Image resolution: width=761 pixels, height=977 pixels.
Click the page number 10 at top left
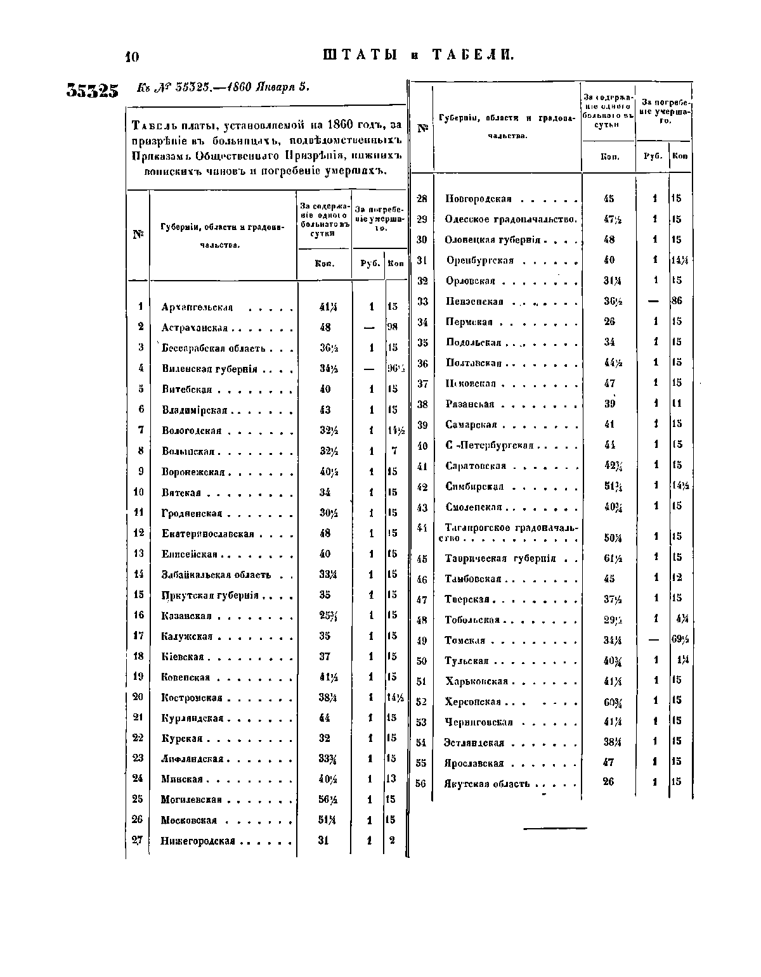[x=132, y=57]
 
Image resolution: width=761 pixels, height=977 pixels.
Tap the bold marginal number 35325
[x=93, y=91]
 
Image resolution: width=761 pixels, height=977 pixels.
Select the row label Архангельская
[x=197, y=307]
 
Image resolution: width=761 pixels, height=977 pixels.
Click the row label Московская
[x=189, y=821]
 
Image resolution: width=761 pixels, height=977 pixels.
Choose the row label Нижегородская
[x=198, y=841]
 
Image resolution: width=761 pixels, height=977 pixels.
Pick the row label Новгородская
[x=478, y=199]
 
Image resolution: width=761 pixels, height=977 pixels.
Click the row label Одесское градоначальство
[x=511, y=219]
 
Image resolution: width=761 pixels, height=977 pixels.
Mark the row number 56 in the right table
[x=420, y=783]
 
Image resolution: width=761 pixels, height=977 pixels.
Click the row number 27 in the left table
[x=137, y=841]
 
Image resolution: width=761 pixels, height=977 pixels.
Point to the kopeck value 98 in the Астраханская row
[x=392, y=328]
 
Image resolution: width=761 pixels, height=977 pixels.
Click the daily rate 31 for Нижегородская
[x=324, y=841]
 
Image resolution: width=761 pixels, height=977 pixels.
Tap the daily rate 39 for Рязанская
[x=609, y=404]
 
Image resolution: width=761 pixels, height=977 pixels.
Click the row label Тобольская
[x=472, y=620]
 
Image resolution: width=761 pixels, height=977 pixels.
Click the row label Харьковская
[x=476, y=682]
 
